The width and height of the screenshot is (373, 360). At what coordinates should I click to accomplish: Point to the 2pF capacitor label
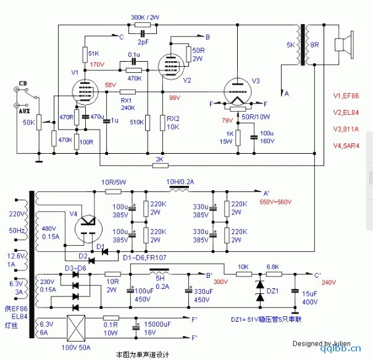pyautogui.click(x=143, y=42)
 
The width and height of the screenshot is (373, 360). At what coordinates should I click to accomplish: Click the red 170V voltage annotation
pyautogui.click(x=97, y=64)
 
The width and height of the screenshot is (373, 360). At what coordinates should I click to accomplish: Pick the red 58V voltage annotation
pyautogui.click(x=111, y=85)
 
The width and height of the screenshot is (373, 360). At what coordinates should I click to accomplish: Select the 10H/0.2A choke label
pyautogui.click(x=180, y=182)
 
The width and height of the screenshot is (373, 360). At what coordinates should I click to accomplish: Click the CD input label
pyautogui.click(x=23, y=83)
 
